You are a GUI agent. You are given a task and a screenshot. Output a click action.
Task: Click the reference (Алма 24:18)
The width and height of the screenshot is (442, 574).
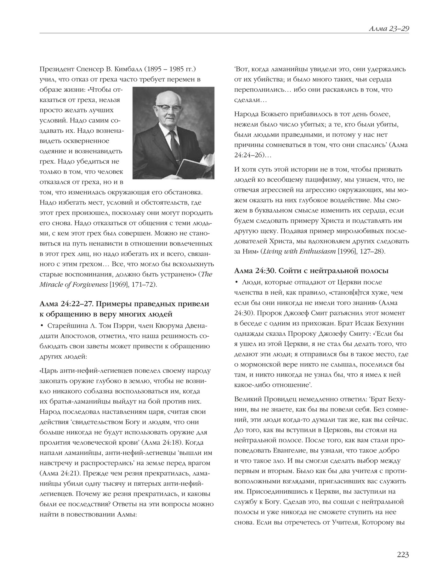pos(162,443)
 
